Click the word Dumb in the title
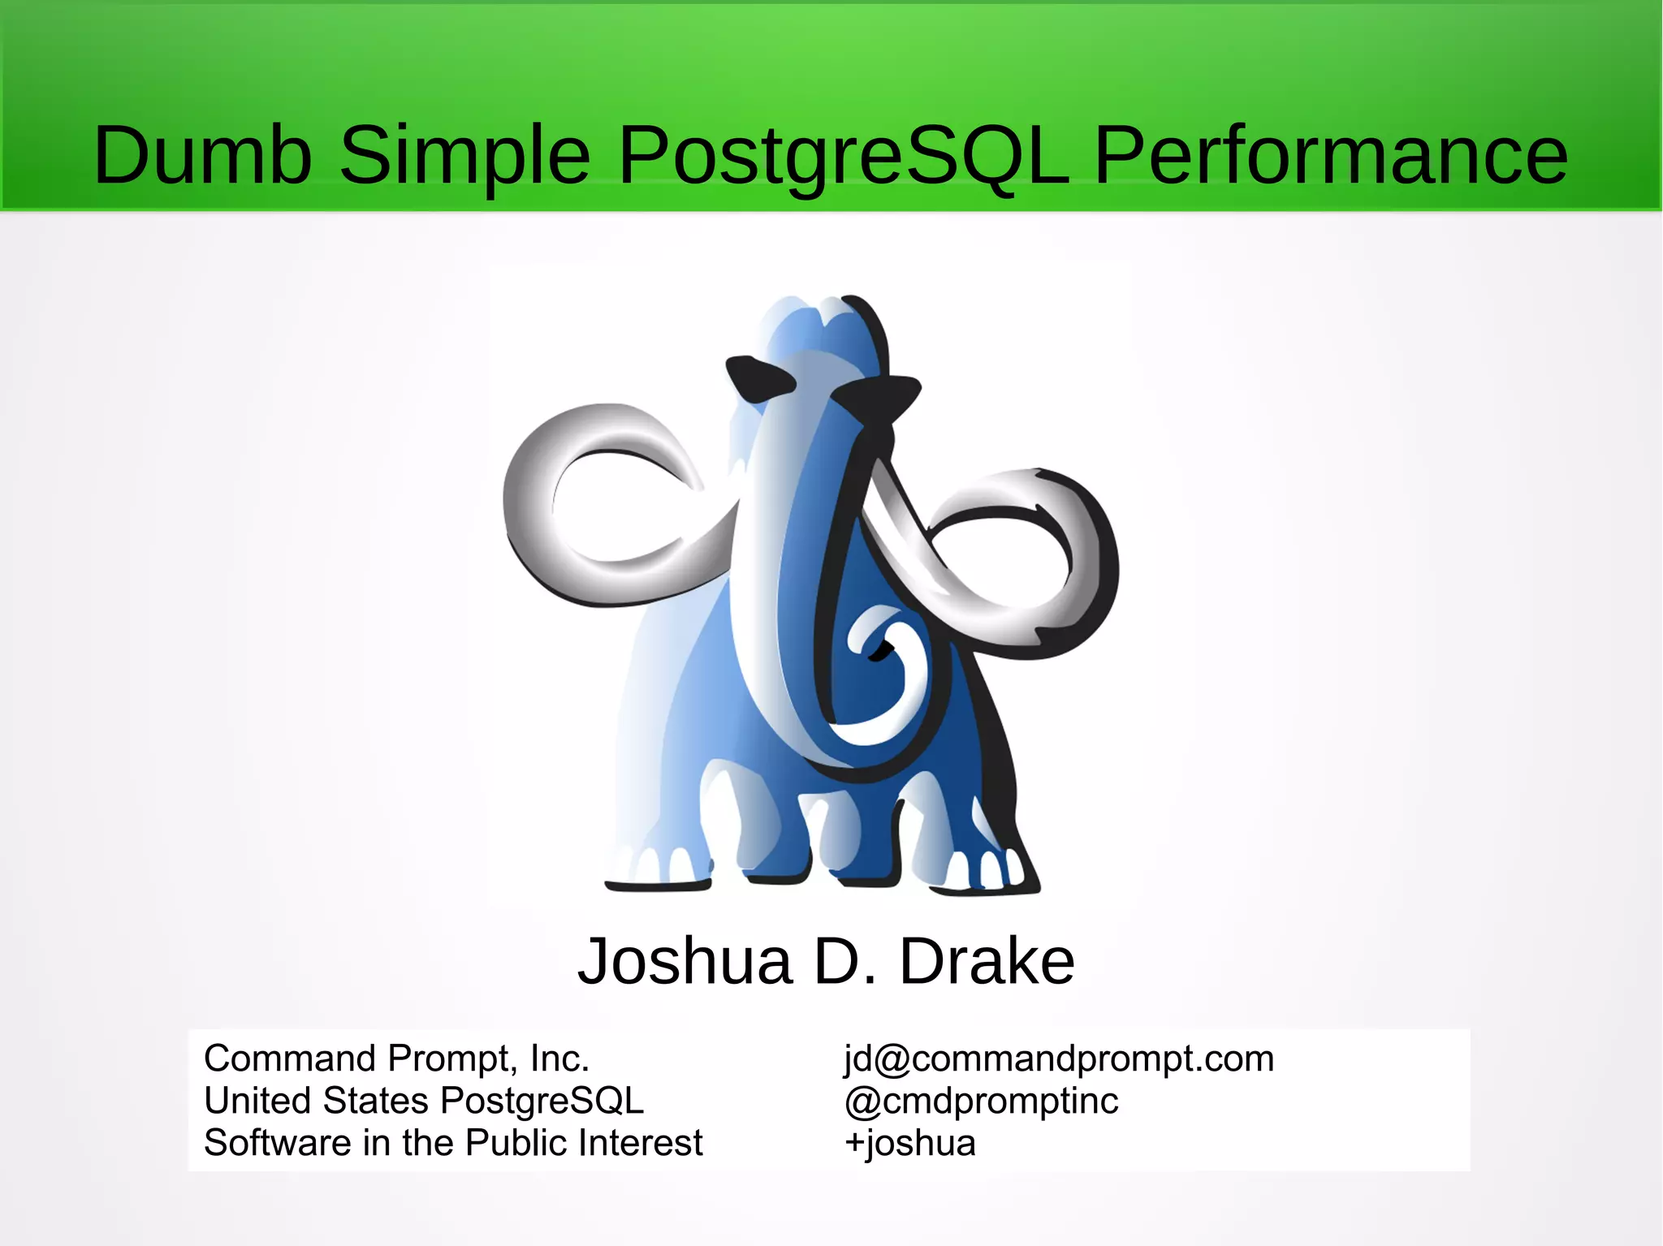(x=202, y=155)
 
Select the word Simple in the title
(x=464, y=155)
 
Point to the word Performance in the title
(x=1331, y=155)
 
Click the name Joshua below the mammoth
(x=685, y=961)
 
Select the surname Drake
(x=987, y=961)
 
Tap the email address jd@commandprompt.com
(x=1059, y=1058)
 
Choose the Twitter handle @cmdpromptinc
(x=981, y=1101)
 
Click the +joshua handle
(x=909, y=1143)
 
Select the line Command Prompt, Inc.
(x=396, y=1058)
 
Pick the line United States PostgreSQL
(x=423, y=1101)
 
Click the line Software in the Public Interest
(x=453, y=1143)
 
